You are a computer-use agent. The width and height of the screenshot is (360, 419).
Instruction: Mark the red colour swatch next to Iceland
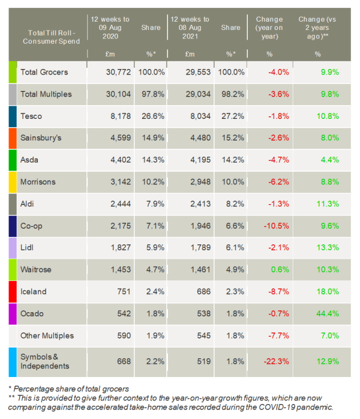(13, 292)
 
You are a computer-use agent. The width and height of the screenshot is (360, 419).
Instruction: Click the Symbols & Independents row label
(45, 361)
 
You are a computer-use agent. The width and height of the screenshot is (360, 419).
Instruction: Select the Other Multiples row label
(47, 336)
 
